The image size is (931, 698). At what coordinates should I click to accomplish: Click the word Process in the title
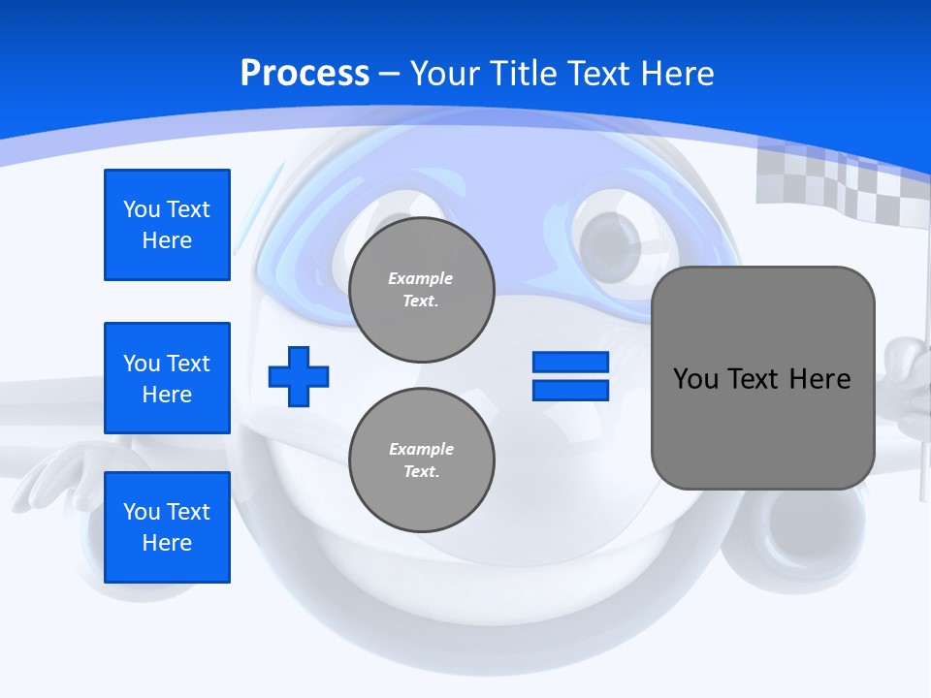305,73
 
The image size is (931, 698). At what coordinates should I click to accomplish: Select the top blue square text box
167,225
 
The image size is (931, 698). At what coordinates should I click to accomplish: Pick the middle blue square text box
167,378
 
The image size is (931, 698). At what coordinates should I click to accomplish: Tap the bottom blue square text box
167,527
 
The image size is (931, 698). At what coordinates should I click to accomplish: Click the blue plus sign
299,376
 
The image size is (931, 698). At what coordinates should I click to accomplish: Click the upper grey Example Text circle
421,289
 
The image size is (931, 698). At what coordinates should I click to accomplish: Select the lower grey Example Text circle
421,460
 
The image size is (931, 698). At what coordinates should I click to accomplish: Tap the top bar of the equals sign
570,363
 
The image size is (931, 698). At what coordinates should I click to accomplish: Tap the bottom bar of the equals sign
570,390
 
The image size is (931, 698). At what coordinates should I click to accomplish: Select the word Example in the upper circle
421,278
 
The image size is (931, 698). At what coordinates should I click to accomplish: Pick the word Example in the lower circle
421,449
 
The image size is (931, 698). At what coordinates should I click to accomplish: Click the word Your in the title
443,73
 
